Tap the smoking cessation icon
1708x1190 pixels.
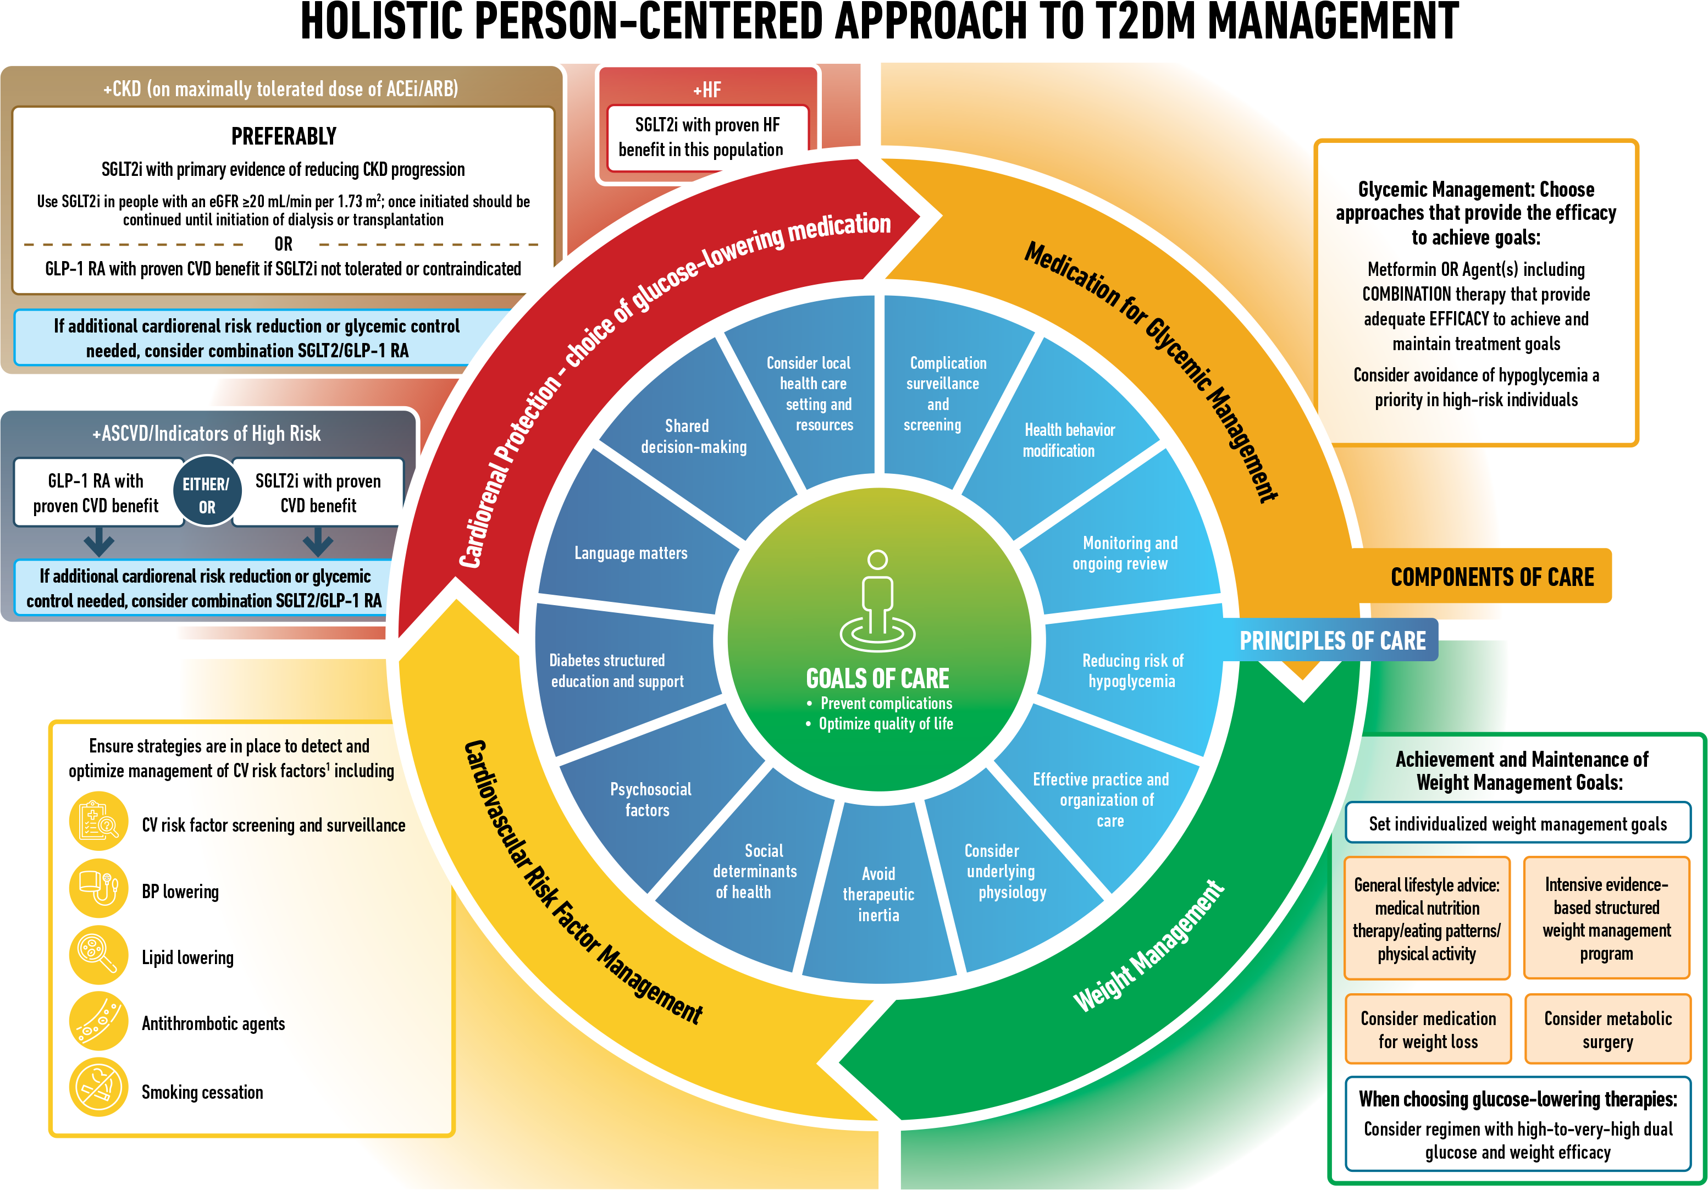98,1087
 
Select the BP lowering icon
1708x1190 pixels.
98,889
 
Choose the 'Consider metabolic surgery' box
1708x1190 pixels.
1607,1030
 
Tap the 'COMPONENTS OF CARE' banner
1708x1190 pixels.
1493,577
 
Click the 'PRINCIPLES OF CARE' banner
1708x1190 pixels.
1333,641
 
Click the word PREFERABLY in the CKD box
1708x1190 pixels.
284,137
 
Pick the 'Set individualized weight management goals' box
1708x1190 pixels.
1518,823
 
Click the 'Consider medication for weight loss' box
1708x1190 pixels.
1428,1030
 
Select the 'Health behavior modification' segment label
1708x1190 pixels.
1069,440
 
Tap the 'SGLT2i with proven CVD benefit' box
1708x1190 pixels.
318,493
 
